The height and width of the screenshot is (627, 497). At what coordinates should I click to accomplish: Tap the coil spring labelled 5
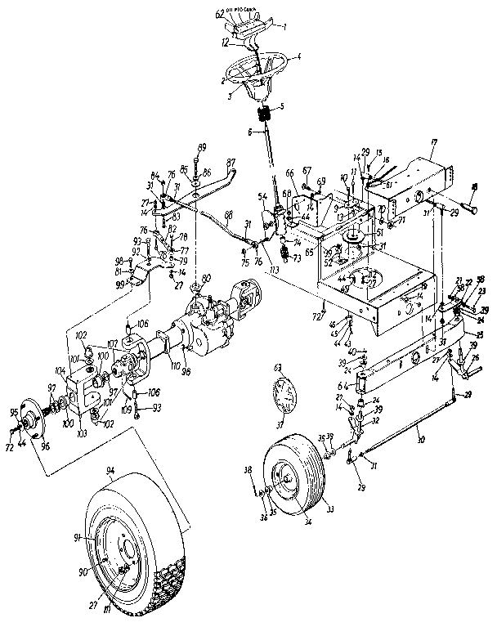pyautogui.click(x=263, y=117)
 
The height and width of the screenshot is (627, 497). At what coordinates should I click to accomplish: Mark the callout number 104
pyautogui.click(x=59, y=370)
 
